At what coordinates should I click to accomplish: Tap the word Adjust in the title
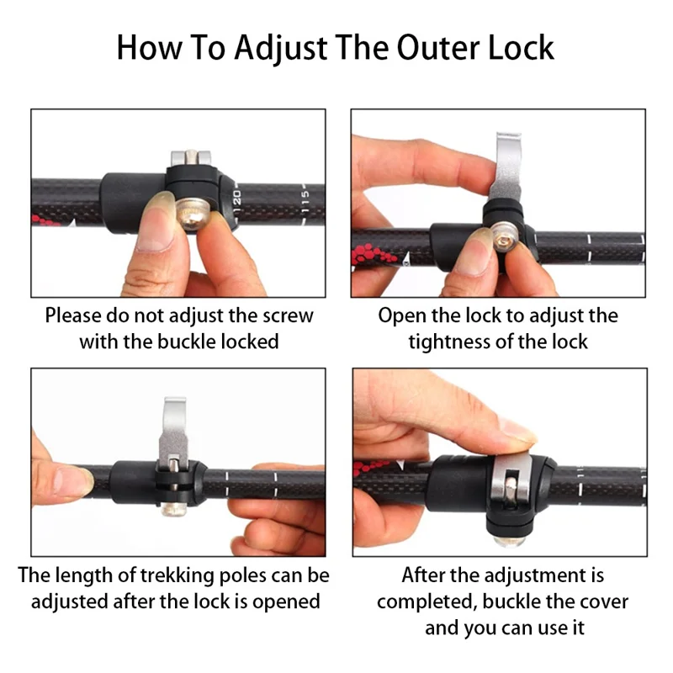tap(281, 49)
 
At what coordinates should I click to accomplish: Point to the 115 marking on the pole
tap(305, 201)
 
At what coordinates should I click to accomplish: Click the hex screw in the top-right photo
tap(505, 237)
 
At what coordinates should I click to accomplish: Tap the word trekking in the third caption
tap(177, 575)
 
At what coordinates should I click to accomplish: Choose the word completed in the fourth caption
tap(427, 602)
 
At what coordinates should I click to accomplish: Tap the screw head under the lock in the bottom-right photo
tap(509, 541)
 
